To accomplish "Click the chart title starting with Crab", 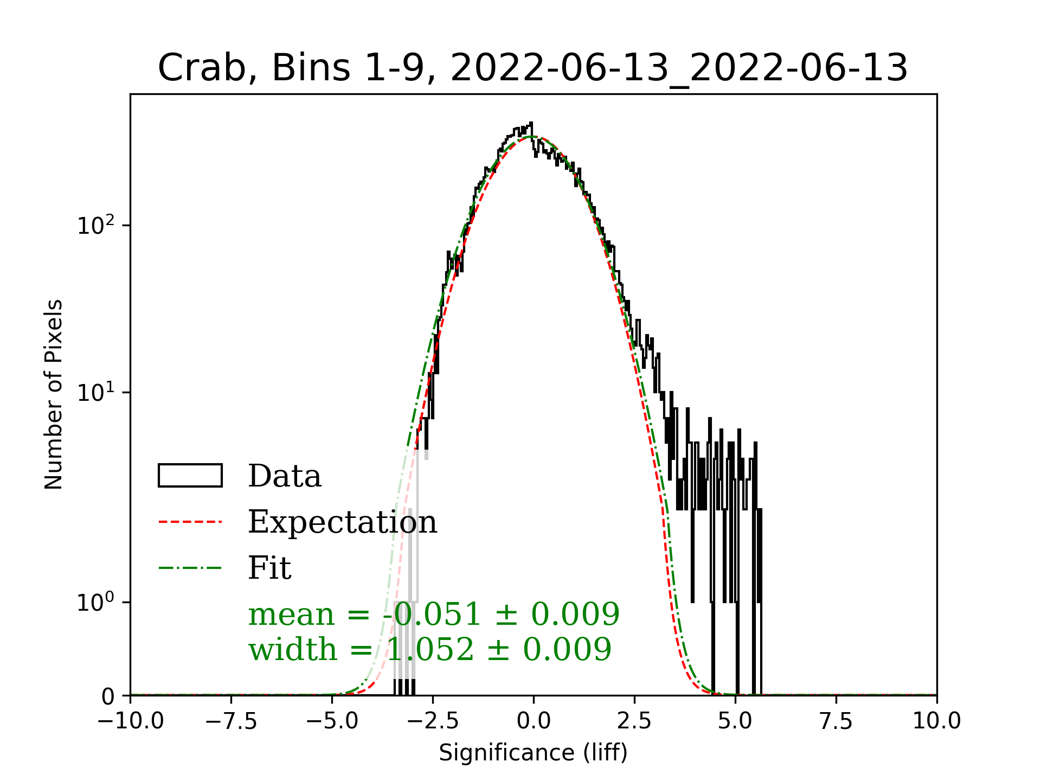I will tap(532, 68).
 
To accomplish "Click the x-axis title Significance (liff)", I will tap(533, 753).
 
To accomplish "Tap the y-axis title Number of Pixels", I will tap(54, 394).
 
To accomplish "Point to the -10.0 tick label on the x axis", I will tap(131, 721).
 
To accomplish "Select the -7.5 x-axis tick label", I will tap(232, 721).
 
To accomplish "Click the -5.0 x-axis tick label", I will tap(332, 721).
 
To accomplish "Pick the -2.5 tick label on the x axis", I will tap(433, 721).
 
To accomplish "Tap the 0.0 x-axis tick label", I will tap(534, 721).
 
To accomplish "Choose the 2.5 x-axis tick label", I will tap(634, 721).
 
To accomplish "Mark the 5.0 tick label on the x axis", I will tap(735, 721).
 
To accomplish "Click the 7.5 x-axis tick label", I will tap(836, 721).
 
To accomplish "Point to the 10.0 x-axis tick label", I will tap(936, 721).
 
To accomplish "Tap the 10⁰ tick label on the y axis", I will tap(96, 602).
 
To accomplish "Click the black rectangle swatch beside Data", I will tap(190, 476).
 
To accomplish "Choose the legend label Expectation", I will tap(342, 522).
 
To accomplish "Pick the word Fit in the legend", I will tap(269, 568).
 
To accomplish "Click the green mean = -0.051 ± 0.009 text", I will tap(434, 614).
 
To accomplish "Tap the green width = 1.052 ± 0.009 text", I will tap(430, 649).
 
